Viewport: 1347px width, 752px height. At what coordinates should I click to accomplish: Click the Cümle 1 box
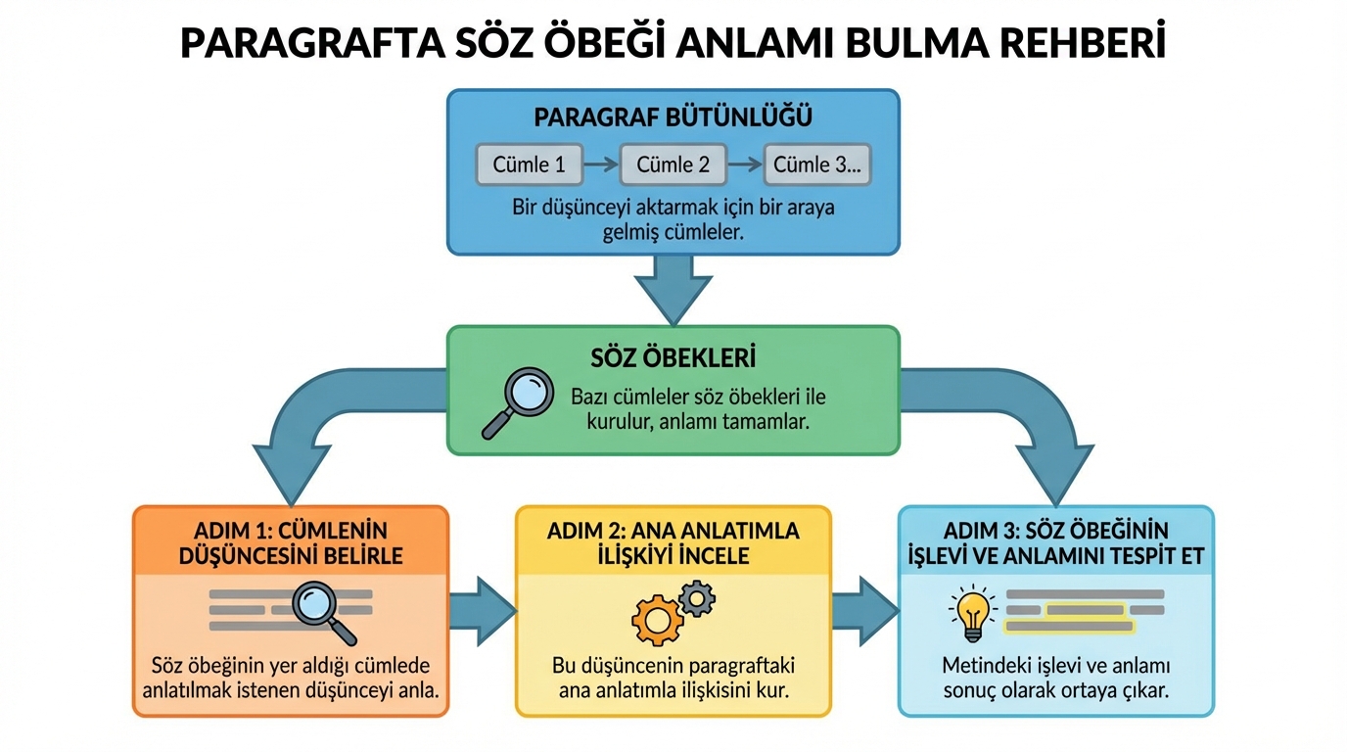[x=529, y=164]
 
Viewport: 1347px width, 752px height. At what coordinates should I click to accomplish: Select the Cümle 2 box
[x=673, y=164]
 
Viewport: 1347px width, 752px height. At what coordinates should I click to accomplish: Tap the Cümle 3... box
[x=816, y=164]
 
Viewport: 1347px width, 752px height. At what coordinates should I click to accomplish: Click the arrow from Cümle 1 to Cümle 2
[x=601, y=164]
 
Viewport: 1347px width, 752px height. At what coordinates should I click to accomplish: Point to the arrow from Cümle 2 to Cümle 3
[x=744, y=164]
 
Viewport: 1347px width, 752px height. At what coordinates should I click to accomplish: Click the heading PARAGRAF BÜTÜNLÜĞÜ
[x=673, y=117]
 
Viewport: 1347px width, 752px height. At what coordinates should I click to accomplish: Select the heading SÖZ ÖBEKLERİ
[x=673, y=356]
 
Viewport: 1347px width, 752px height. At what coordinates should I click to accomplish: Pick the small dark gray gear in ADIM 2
[x=696, y=597]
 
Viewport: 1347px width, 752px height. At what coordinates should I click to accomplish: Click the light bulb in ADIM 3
[x=972, y=609]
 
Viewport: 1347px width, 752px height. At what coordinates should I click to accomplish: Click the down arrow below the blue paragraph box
[x=673, y=288]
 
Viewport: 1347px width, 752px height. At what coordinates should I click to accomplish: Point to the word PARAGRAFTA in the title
[x=298, y=43]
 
